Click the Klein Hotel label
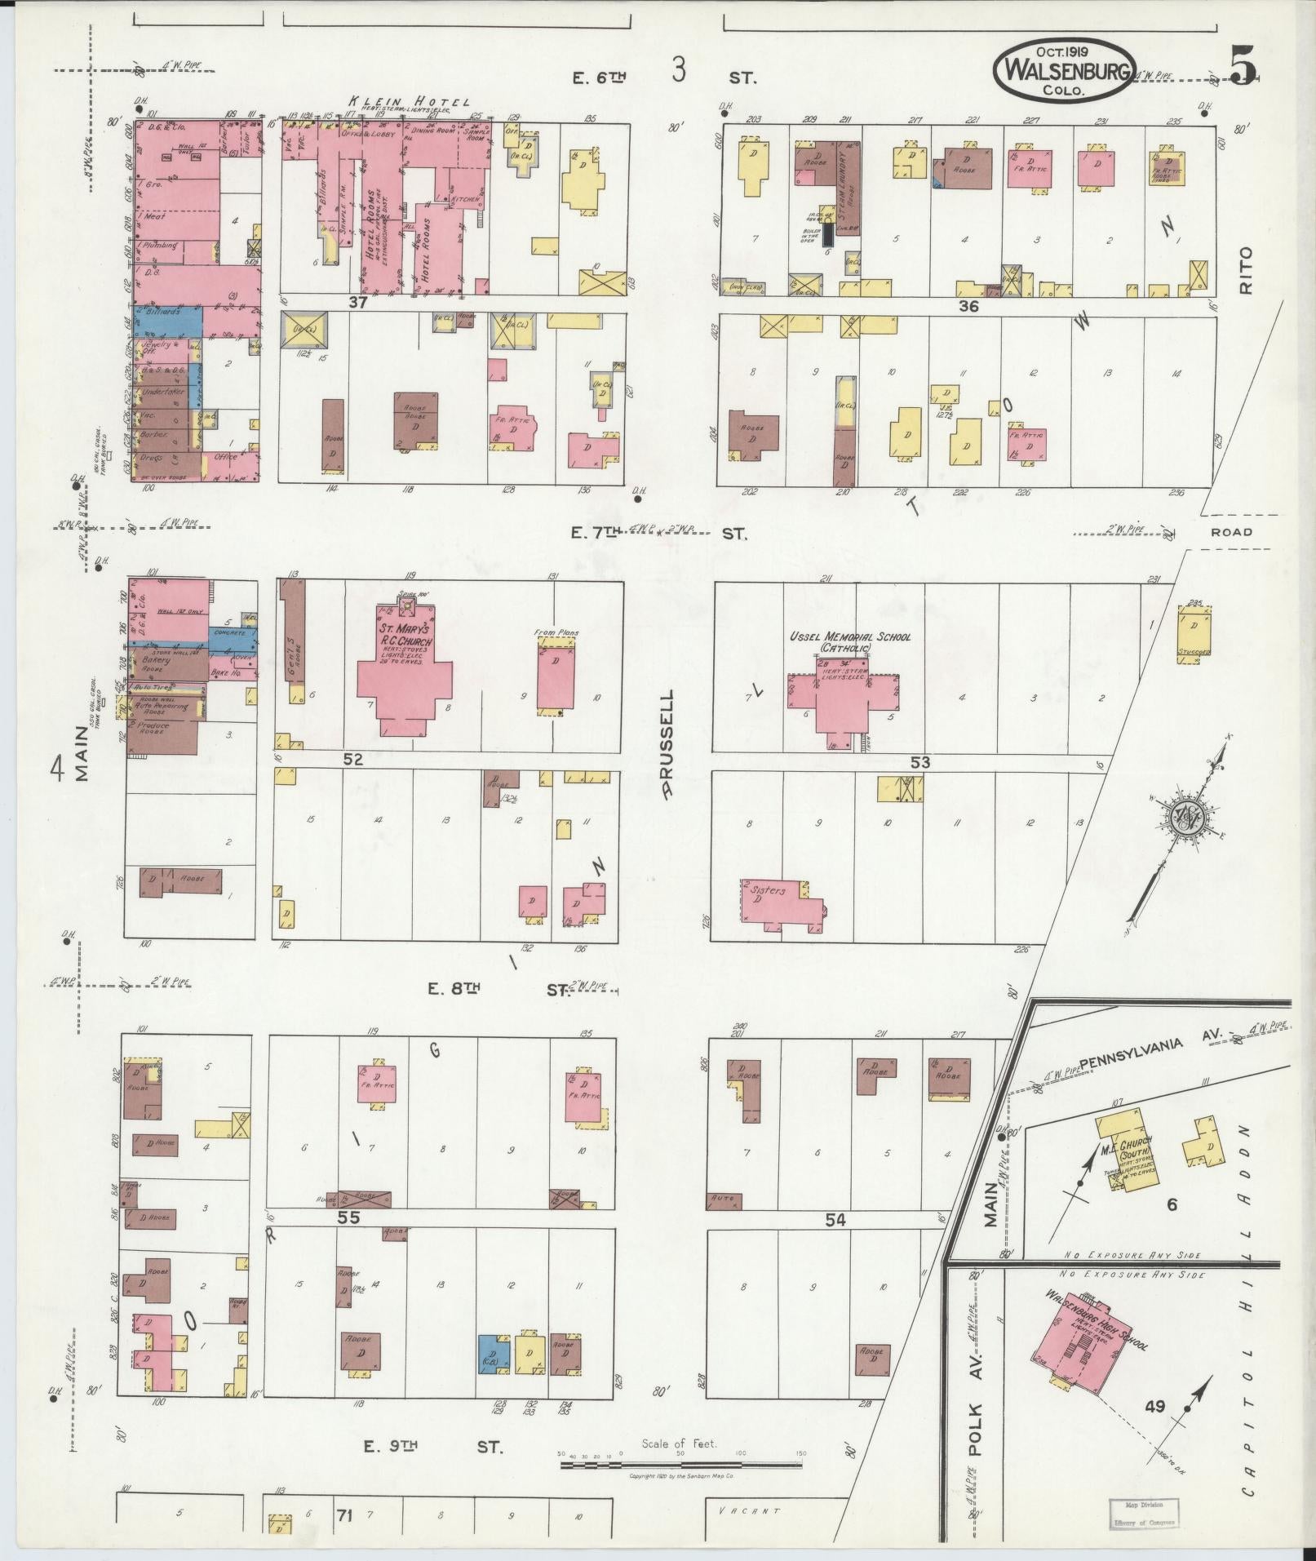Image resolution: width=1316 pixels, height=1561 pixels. (x=409, y=101)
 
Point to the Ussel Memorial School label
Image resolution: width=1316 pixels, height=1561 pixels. (x=849, y=641)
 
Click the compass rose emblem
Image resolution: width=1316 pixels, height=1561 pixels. (x=1182, y=818)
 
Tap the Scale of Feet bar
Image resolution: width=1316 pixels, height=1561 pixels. (x=680, y=894)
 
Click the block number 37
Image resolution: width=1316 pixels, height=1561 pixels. (x=357, y=304)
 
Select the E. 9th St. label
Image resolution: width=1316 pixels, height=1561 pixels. (x=432, y=1447)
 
